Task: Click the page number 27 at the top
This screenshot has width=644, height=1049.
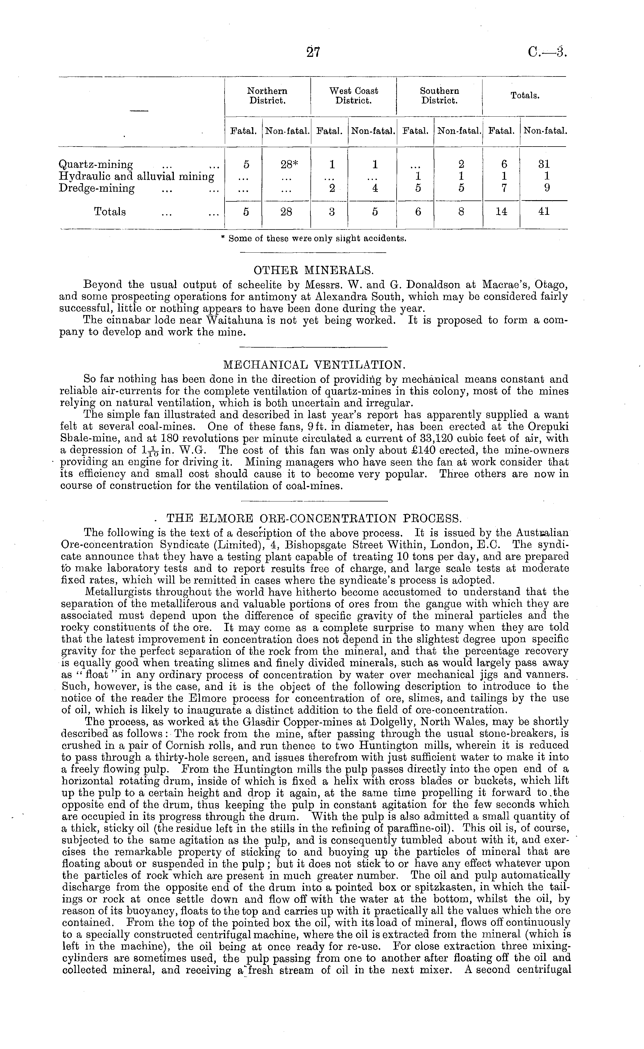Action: [x=313, y=52]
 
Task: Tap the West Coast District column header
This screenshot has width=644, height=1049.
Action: [x=354, y=96]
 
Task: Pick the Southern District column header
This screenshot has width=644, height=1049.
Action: [x=440, y=96]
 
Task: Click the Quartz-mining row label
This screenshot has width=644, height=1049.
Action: [x=96, y=164]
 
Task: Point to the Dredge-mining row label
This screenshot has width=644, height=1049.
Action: [x=97, y=188]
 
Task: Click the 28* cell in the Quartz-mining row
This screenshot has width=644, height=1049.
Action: [x=286, y=164]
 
